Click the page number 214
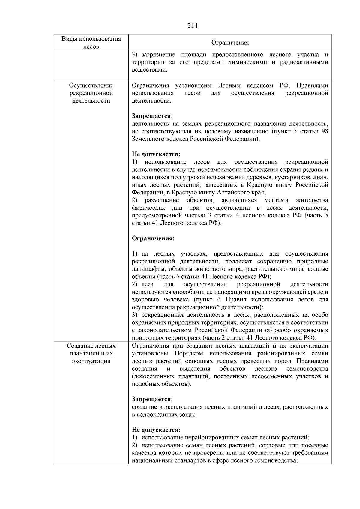coord(193,25)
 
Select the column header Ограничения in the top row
coord(230,43)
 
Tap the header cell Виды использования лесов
coord(91,43)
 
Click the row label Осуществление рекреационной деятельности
coord(91,93)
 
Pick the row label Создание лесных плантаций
coord(91,353)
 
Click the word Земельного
coord(147,139)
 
